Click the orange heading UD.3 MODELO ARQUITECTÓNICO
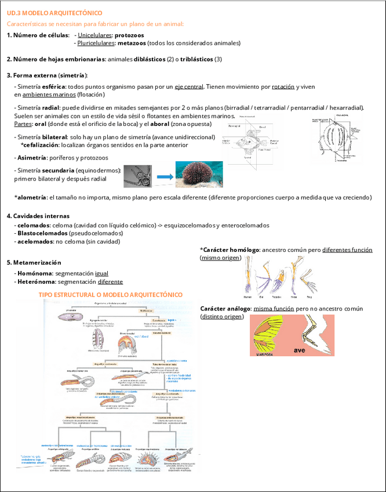pyautogui.click(x=54, y=12)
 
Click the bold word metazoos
pyautogui.click(x=132, y=43)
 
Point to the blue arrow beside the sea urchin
pyautogui.click(x=166, y=176)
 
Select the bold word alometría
pyautogui.click(x=31, y=197)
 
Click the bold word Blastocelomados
pyautogui.click(x=42, y=233)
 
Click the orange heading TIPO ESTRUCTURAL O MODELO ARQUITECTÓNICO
pyautogui.click(x=111, y=295)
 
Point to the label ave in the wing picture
pyautogui.click(x=300, y=350)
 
